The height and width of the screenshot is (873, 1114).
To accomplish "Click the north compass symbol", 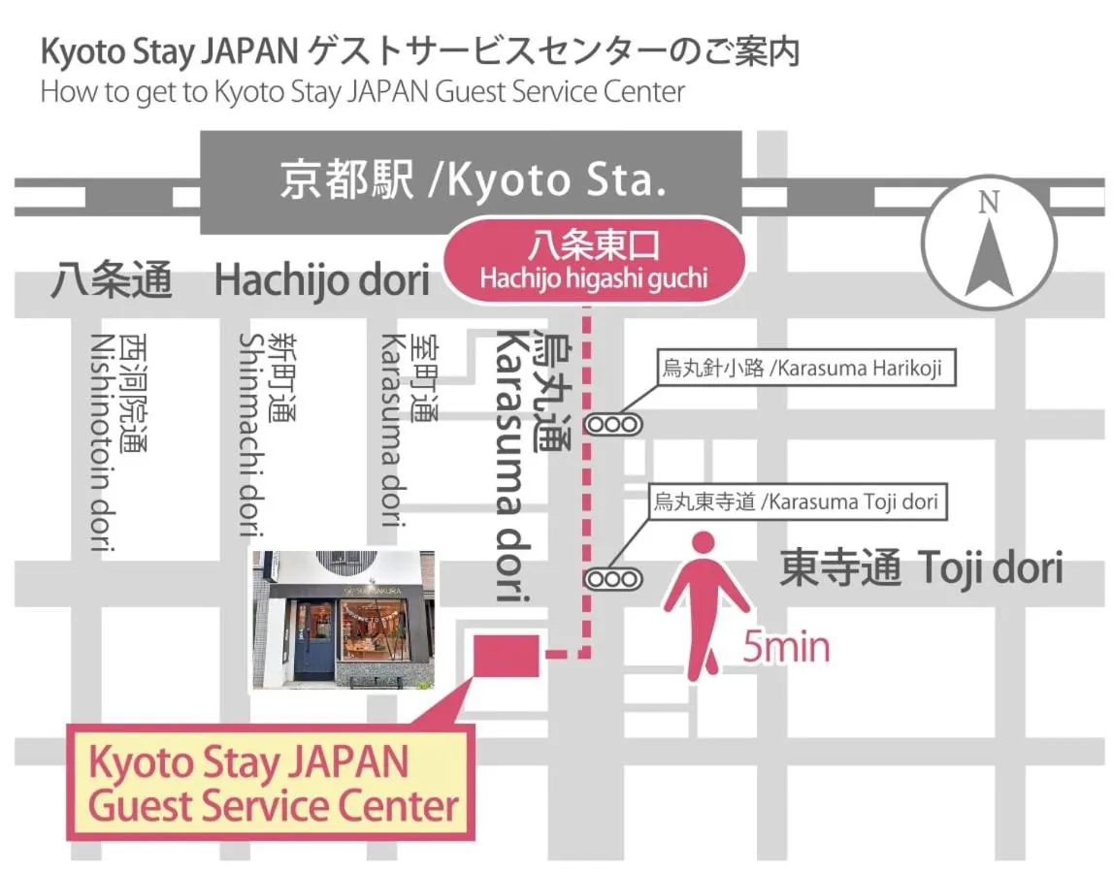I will tap(989, 243).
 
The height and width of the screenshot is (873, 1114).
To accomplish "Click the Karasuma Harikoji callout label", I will tap(802, 369).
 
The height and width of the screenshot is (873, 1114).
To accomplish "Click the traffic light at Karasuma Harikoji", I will tap(613, 424).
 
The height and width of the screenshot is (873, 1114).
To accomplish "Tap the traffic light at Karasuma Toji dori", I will tap(613, 579).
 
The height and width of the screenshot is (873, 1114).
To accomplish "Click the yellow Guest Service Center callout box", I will tap(271, 783).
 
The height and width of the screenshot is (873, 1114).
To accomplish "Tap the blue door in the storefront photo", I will tap(313, 640).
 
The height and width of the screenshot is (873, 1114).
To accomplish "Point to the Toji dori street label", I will tap(921, 568).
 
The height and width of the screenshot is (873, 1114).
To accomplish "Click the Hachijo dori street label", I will tap(321, 280).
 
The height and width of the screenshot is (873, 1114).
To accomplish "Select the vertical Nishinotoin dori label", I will tap(118, 441).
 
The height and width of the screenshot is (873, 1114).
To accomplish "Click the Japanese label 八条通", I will tap(114, 280).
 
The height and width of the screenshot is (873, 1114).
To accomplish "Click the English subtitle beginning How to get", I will tap(363, 92).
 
